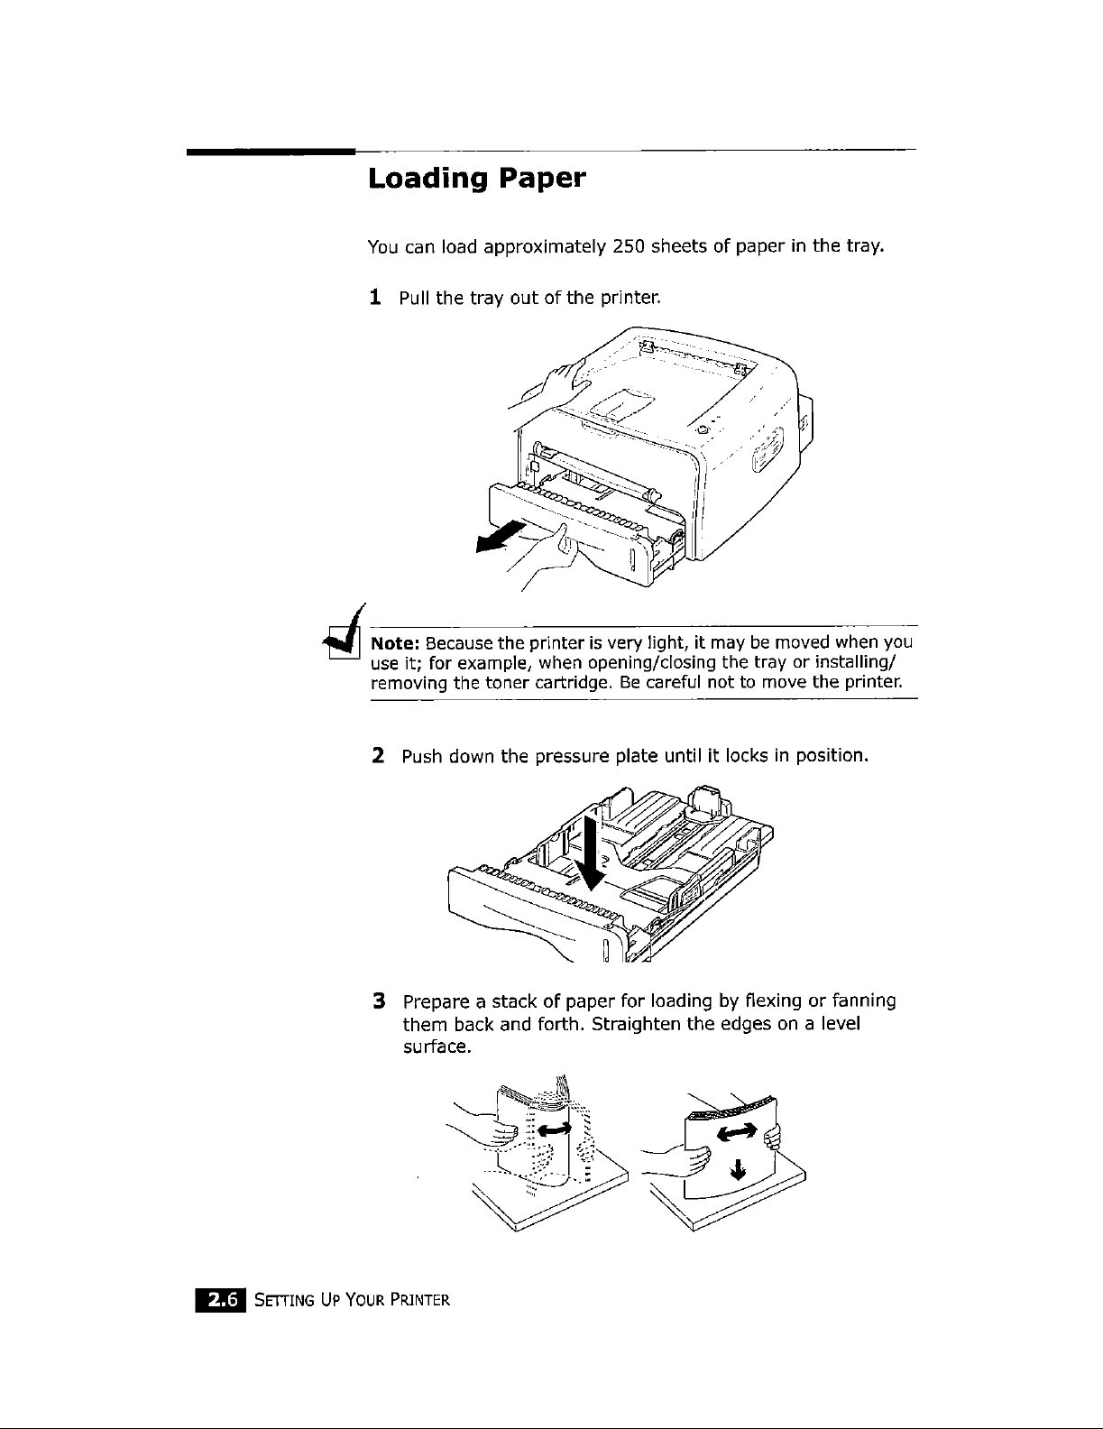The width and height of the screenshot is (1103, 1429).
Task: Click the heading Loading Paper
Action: pyautogui.click(x=477, y=180)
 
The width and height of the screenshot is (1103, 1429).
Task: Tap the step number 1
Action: pyautogui.click(x=375, y=296)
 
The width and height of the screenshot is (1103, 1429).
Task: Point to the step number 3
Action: pyautogui.click(x=379, y=1001)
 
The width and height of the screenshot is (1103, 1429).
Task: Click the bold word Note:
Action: pyautogui.click(x=394, y=643)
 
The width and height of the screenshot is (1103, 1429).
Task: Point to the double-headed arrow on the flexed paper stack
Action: pyautogui.click(x=555, y=1129)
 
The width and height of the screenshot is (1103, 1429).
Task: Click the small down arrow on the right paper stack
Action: pyautogui.click(x=739, y=1171)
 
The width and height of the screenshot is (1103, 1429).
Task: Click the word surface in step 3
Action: pyautogui.click(x=435, y=1047)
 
